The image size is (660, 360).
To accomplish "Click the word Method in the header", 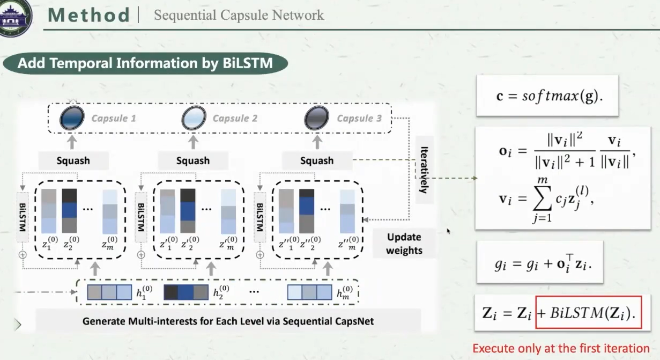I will [89, 14].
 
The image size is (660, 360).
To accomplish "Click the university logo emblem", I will [14, 17].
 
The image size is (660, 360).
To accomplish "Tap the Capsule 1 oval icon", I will [71, 117].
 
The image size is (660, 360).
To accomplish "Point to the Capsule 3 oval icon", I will [316, 117].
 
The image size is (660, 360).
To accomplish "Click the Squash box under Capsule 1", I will [73, 160].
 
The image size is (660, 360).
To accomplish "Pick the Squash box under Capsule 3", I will [317, 160].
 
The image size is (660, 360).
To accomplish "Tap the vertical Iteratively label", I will [424, 170].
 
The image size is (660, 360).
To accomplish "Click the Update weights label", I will [404, 244].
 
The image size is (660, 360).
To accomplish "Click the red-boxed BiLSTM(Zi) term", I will [588, 312].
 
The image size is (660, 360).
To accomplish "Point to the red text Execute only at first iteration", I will [561, 348].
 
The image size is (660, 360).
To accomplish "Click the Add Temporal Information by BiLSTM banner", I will [145, 63].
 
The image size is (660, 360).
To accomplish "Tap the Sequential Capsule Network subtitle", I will [239, 15].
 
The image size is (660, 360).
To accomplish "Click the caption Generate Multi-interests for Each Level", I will [228, 321].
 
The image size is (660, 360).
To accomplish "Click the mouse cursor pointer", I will [448, 231].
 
